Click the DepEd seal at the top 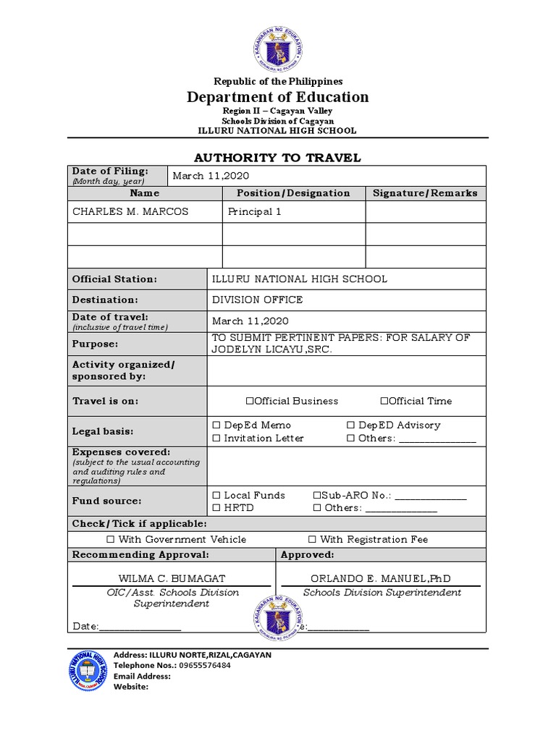click(278, 48)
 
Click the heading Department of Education click(278, 97)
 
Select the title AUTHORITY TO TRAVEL click(278, 158)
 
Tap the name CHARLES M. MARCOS click(130, 212)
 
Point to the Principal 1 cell click(254, 212)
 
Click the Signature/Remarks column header click(425, 193)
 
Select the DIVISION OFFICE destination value click(257, 300)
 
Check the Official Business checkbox click(250, 401)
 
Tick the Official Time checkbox click(384, 401)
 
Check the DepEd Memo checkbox click(216, 425)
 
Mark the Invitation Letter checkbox click(216, 439)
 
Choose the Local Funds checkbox click(216, 496)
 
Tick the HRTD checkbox click(216, 508)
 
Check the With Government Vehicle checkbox click(111, 540)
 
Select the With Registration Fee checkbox click(312, 540)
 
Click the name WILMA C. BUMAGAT click(172, 579)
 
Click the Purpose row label click(95, 344)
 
